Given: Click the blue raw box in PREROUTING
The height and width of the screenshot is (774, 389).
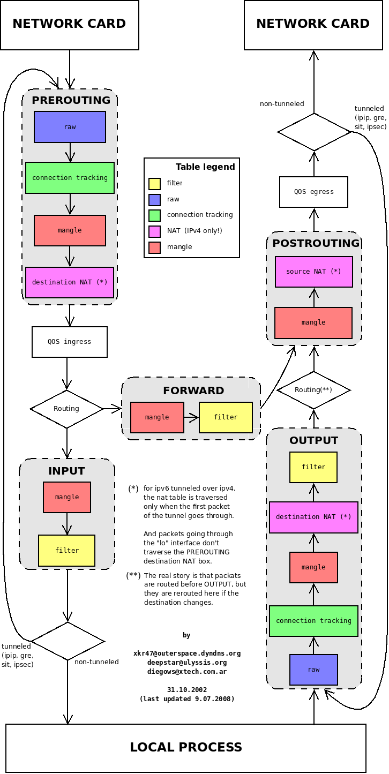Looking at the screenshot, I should pos(70,127).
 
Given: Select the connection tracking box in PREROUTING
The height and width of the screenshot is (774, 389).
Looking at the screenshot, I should pos(70,178).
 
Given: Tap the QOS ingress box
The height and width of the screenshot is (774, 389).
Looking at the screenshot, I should pos(70,342).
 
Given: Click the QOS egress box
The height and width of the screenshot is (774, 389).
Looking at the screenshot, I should pos(313,192).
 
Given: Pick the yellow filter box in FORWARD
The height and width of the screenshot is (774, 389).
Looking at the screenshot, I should pos(226,417).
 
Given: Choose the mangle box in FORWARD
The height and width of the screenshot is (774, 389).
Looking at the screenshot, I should pos(157,417).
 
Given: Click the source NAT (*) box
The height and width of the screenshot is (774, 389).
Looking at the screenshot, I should pos(313,272).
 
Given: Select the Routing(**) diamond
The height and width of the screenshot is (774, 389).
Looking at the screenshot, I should pos(313,390).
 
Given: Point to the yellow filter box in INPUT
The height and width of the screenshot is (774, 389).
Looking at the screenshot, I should pos(66,550).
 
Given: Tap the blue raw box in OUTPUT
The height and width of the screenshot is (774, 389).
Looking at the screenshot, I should pos(313,670).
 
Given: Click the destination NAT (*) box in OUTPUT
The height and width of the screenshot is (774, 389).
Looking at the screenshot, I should pos(313,517).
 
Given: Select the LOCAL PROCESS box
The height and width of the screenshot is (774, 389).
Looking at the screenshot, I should pos(185,748).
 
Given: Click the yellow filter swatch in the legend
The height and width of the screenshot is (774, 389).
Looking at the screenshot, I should pos(154,184).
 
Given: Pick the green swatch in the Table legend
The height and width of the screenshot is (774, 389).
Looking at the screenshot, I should pos(154,215).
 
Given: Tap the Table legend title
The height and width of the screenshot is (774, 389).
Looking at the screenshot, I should pos(205,167).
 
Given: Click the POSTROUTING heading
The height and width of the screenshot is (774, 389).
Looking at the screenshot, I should pos(316,243).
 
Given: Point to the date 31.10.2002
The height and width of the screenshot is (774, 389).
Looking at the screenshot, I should pos(186,690).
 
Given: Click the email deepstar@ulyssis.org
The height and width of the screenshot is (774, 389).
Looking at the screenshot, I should pos(186,663).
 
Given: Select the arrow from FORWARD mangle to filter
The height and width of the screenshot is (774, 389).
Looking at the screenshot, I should pos(191,417).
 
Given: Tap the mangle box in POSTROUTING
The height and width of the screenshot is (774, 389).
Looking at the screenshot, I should pos(313,322).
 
